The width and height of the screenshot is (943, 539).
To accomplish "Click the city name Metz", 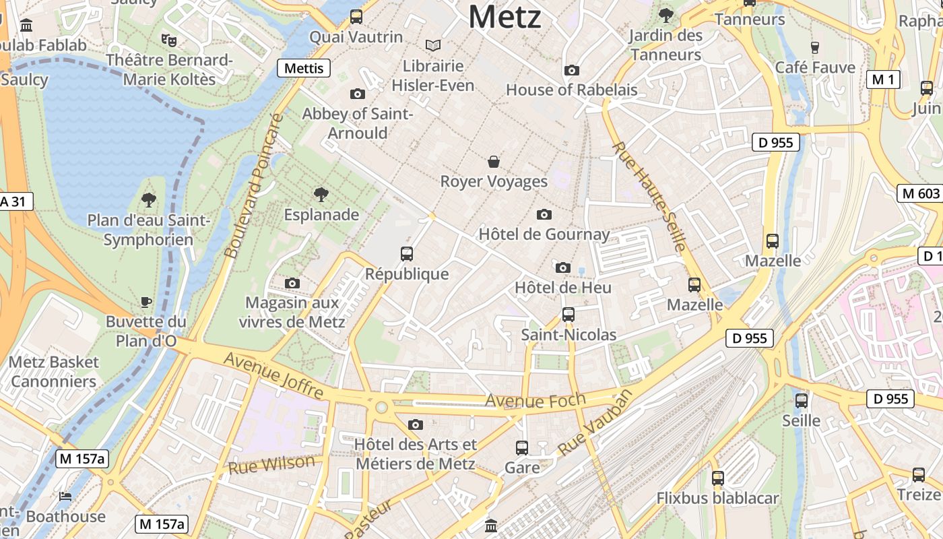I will pyautogui.click(x=505, y=16).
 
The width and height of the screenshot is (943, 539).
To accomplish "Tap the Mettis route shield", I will pyautogui.click(x=304, y=68).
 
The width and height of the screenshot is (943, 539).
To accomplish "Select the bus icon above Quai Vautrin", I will pyautogui.click(x=356, y=17).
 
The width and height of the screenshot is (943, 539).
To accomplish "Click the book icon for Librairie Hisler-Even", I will pyautogui.click(x=433, y=45).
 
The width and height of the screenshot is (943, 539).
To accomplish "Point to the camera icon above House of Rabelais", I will pyautogui.click(x=571, y=70).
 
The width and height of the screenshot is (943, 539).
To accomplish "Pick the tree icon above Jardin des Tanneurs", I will pyautogui.click(x=665, y=14).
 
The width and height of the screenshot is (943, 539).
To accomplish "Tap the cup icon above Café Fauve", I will pyautogui.click(x=814, y=47).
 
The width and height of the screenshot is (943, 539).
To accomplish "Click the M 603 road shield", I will pyautogui.click(x=919, y=193).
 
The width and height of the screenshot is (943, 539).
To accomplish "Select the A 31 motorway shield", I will pyautogui.click(x=15, y=201).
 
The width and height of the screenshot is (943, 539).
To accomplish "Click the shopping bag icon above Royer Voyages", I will pyautogui.click(x=494, y=162).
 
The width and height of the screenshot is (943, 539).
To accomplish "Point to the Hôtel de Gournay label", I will pyautogui.click(x=544, y=234).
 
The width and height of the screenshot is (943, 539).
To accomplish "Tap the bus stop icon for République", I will pyautogui.click(x=406, y=254).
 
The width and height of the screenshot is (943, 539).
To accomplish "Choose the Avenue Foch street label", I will pyautogui.click(x=535, y=401).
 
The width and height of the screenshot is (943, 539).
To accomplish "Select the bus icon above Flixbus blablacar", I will pyautogui.click(x=718, y=478).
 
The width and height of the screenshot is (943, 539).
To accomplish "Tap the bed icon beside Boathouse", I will pyautogui.click(x=65, y=497).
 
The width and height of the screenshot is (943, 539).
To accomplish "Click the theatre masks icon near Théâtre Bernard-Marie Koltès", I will pyautogui.click(x=168, y=40).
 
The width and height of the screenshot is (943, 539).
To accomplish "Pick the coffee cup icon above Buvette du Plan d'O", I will pyautogui.click(x=146, y=302).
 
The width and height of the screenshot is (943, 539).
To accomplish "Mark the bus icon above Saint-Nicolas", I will pyautogui.click(x=568, y=315).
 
